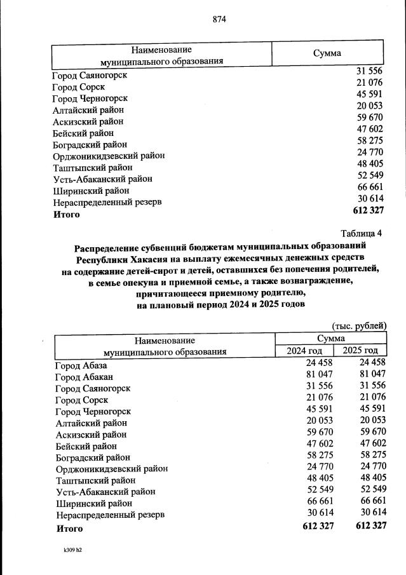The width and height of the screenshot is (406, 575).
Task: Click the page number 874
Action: [220, 18]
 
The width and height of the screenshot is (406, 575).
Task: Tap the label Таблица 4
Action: [362, 233]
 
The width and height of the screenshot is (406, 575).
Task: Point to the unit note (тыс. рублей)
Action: [359, 326]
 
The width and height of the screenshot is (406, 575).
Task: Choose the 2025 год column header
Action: [360, 351]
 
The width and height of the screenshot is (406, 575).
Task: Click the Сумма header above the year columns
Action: [331, 339]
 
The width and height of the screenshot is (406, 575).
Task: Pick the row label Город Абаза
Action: [81, 365]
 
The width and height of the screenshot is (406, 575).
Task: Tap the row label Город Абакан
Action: [84, 377]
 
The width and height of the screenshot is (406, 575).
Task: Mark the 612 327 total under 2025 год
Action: [371, 525]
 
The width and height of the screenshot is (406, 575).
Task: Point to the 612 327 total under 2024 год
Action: [318, 525]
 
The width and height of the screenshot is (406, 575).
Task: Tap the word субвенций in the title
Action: [166, 245]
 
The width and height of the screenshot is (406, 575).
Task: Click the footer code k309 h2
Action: [69, 551]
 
